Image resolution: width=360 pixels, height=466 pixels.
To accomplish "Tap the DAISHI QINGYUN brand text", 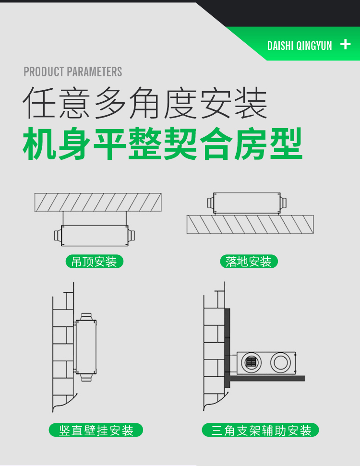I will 300,46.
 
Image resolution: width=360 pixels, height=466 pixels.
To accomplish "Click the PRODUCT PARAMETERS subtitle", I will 73,72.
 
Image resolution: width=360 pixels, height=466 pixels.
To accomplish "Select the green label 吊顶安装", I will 94,262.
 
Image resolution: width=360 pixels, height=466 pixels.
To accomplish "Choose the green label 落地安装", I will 249,262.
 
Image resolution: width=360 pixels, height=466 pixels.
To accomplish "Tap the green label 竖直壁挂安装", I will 96,430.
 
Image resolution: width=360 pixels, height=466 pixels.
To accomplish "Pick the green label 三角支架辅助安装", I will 261,430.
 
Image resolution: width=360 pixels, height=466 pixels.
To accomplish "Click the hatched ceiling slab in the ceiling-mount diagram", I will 97,202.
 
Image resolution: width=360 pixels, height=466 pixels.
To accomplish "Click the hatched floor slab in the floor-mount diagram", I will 250,224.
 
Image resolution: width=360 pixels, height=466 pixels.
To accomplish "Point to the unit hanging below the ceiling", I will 94,235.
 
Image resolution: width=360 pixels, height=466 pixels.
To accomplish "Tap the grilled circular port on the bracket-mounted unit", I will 251,362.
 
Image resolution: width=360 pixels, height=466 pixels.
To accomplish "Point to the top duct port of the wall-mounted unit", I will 86,316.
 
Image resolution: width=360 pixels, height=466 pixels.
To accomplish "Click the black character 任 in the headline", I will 40,102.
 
